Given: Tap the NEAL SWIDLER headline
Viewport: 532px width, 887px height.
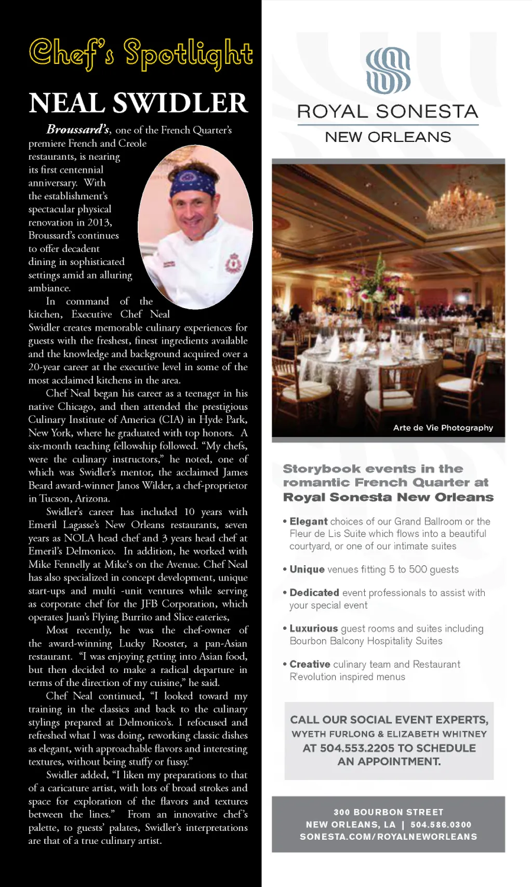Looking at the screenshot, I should coord(138,103).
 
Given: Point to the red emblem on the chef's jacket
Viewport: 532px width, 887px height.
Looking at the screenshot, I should coord(233,264).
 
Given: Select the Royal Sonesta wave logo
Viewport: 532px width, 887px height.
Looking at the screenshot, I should coord(388,70).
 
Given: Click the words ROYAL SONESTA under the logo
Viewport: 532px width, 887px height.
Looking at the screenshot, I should coord(388,112).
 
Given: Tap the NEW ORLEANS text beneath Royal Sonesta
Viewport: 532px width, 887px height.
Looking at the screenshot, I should coord(388,137).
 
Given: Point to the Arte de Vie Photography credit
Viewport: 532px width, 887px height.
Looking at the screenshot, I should coord(443,428).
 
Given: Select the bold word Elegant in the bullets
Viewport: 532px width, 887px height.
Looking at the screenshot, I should coord(309,521).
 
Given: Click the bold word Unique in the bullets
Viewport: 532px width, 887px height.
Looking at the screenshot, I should coord(307,570).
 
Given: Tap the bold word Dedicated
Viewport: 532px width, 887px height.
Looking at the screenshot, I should coord(314,593).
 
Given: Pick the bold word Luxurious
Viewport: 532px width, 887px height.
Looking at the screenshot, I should coord(314,629).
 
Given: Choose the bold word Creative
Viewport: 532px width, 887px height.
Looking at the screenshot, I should coord(310,664).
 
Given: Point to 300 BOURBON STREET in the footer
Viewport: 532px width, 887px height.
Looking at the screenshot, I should coord(388,812).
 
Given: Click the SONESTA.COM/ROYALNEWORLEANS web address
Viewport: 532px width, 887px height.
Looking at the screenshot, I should coord(388,837).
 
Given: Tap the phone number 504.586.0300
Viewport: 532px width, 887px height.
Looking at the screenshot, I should coord(441,825).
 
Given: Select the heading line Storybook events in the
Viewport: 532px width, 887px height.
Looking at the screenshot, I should coord(373,469).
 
